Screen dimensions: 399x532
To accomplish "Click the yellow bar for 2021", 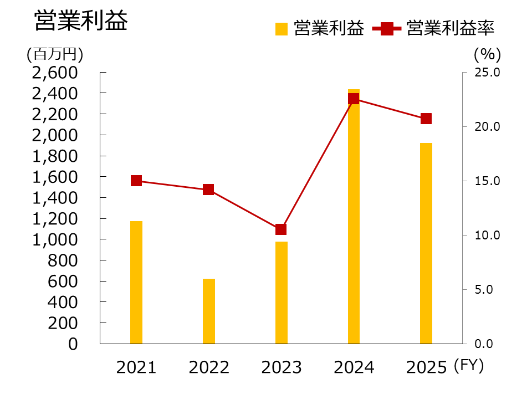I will tap(136, 282).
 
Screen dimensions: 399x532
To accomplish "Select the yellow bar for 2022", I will tap(209, 311).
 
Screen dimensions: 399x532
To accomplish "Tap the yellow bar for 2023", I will tap(282, 293).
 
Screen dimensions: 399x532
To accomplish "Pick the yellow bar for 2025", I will tap(426, 243).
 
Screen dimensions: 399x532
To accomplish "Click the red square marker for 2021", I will tap(136, 181).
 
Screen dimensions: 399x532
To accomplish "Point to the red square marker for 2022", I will tap(209, 190).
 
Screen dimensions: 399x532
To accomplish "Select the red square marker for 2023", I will tap(282, 229).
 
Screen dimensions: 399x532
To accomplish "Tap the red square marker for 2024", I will tap(354, 99).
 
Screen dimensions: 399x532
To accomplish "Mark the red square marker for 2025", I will tap(426, 119).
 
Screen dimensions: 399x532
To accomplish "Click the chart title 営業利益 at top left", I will tap(81, 21).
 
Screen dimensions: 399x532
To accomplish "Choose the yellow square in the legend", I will tap(282, 29).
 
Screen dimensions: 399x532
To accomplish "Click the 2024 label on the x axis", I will tap(354, 367).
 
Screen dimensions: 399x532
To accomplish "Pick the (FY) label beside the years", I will tap(468, 366).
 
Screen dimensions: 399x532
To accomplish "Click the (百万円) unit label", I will tap(54, 54).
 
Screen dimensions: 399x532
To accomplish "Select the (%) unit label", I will tap(487, 54).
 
